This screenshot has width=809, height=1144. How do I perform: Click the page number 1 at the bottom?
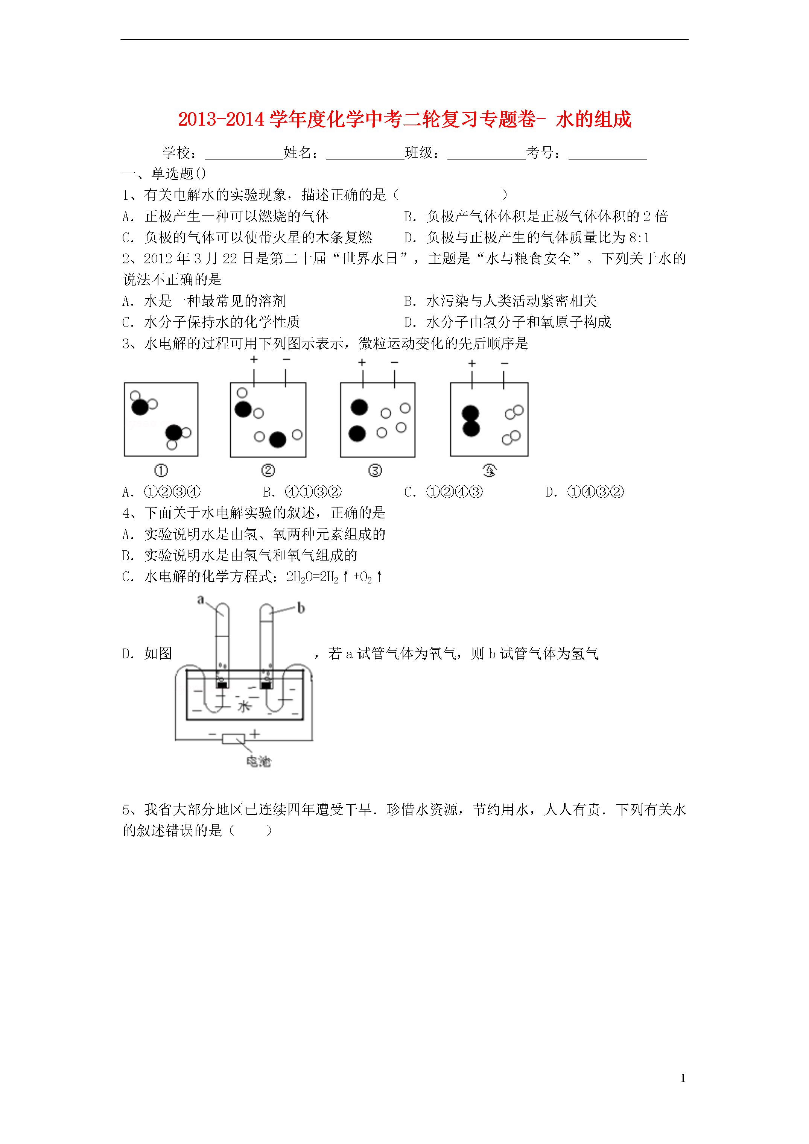(x=683, y=1078)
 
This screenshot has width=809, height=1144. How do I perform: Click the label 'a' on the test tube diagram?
(x=201, y=599)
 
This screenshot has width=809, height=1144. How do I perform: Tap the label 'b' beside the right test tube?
(x=301, y=608)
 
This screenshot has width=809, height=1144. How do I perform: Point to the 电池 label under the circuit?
(x=259, y=761)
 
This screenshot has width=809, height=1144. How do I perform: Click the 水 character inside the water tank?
(x=244, y=706)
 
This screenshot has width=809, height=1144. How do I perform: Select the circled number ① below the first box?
(x=161, y=470)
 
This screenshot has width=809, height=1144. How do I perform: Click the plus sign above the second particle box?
(x=254, y=360)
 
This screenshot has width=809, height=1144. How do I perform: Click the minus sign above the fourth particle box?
(x=505, y=363)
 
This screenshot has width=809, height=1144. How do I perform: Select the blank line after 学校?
(x=244, y=155)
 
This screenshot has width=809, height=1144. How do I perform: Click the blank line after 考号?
(x=608, y=155)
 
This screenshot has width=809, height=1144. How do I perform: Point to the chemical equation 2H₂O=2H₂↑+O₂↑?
(x=334, y=577)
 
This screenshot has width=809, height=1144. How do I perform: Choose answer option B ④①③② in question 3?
(x=313, y=492)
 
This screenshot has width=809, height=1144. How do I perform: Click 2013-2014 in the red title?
(x=221, y=120)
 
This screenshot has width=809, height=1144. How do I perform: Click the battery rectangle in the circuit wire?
(x=233, y=738)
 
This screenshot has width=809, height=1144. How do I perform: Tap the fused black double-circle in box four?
(x=471, y=421)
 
